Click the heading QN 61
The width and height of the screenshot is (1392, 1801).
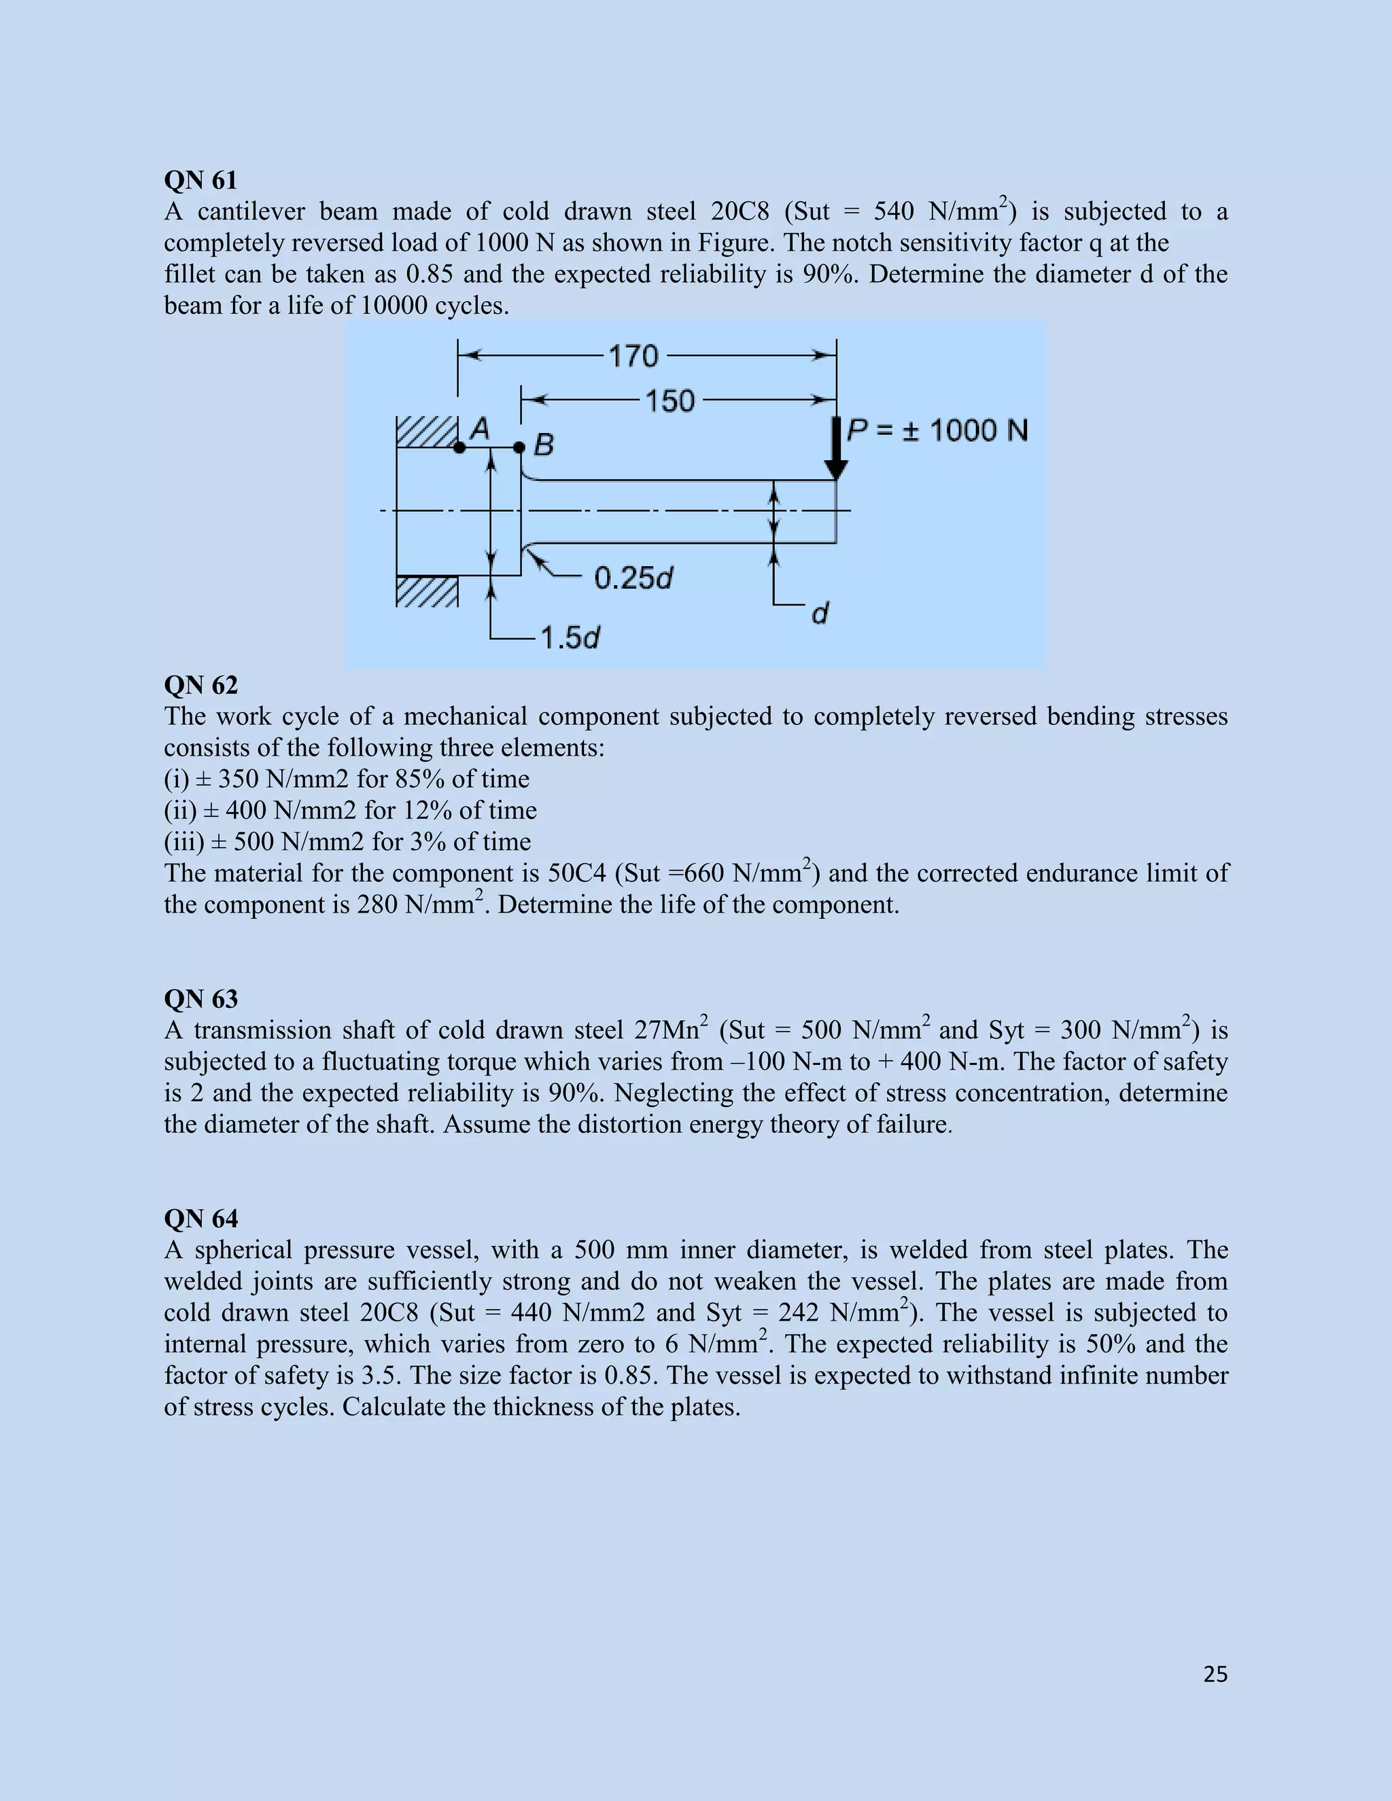pos(201,180)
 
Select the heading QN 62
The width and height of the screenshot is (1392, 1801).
pos(201,685)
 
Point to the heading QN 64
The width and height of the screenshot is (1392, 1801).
pos(201,1218)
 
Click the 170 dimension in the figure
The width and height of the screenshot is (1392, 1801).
pos(633,356)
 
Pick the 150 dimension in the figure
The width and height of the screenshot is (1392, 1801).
pos(669,402)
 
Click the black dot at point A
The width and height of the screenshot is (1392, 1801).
pos(459,448)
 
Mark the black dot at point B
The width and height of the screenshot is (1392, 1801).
pos(519,448)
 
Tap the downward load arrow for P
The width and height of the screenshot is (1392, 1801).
pos(836,449)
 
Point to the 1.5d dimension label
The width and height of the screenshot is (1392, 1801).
pos(570,638)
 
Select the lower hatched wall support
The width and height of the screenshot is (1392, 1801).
pos(427,591)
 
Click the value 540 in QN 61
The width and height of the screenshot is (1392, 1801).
pos(893,212)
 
